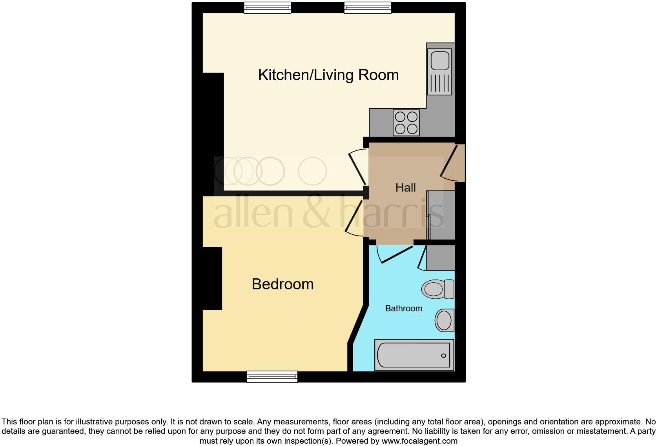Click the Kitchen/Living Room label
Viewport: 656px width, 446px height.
(328, 75)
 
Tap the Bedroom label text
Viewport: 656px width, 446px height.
(282, 284)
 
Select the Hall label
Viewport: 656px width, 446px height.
(405, 188)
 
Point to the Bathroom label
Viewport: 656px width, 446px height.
(403, 309)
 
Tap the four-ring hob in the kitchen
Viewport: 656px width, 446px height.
(406, 123)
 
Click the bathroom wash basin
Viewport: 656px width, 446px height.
(444, 320)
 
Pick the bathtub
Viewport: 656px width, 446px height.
(414, 355)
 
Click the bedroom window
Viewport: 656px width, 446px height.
(272, 377)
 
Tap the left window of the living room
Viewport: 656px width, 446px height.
(267, 8)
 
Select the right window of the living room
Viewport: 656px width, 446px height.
(368, 8)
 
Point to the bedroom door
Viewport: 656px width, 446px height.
(354, 218)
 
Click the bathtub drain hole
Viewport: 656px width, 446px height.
(443, 356)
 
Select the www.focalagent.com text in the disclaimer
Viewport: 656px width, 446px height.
(419, 441)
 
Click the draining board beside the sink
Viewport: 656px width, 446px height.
(439, 84)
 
